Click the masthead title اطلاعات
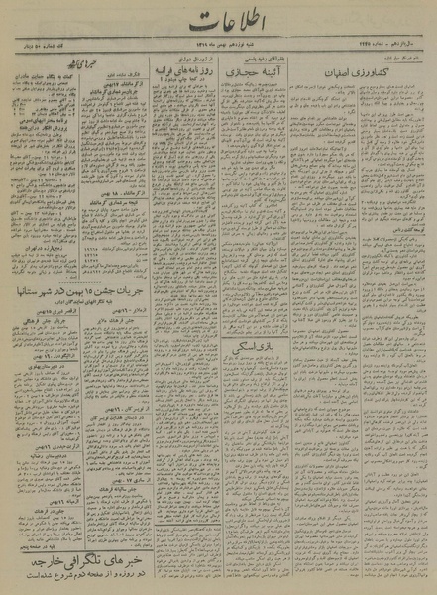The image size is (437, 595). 219,29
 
